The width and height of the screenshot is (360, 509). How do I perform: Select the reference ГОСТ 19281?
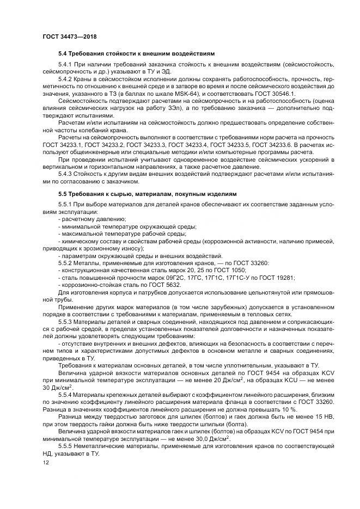(275, 277)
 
